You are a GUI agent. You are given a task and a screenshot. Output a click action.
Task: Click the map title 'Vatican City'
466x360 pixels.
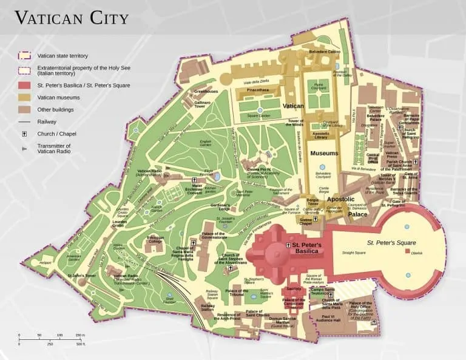click(72, 18)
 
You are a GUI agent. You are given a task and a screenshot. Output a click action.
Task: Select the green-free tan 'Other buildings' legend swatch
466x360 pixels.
click(25, 110)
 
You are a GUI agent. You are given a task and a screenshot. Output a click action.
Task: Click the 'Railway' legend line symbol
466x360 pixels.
click(25, 122)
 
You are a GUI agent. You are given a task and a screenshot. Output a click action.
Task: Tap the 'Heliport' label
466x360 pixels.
click(46, 263)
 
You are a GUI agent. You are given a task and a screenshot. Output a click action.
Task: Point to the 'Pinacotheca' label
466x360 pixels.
click(258, 89)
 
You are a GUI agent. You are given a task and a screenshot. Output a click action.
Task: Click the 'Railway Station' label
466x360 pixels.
click(208, 307)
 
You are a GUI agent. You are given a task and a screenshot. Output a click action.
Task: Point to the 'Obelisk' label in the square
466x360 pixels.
click(416, 253)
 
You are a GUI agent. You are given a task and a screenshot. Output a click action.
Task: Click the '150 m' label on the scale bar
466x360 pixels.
click(80, 335)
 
